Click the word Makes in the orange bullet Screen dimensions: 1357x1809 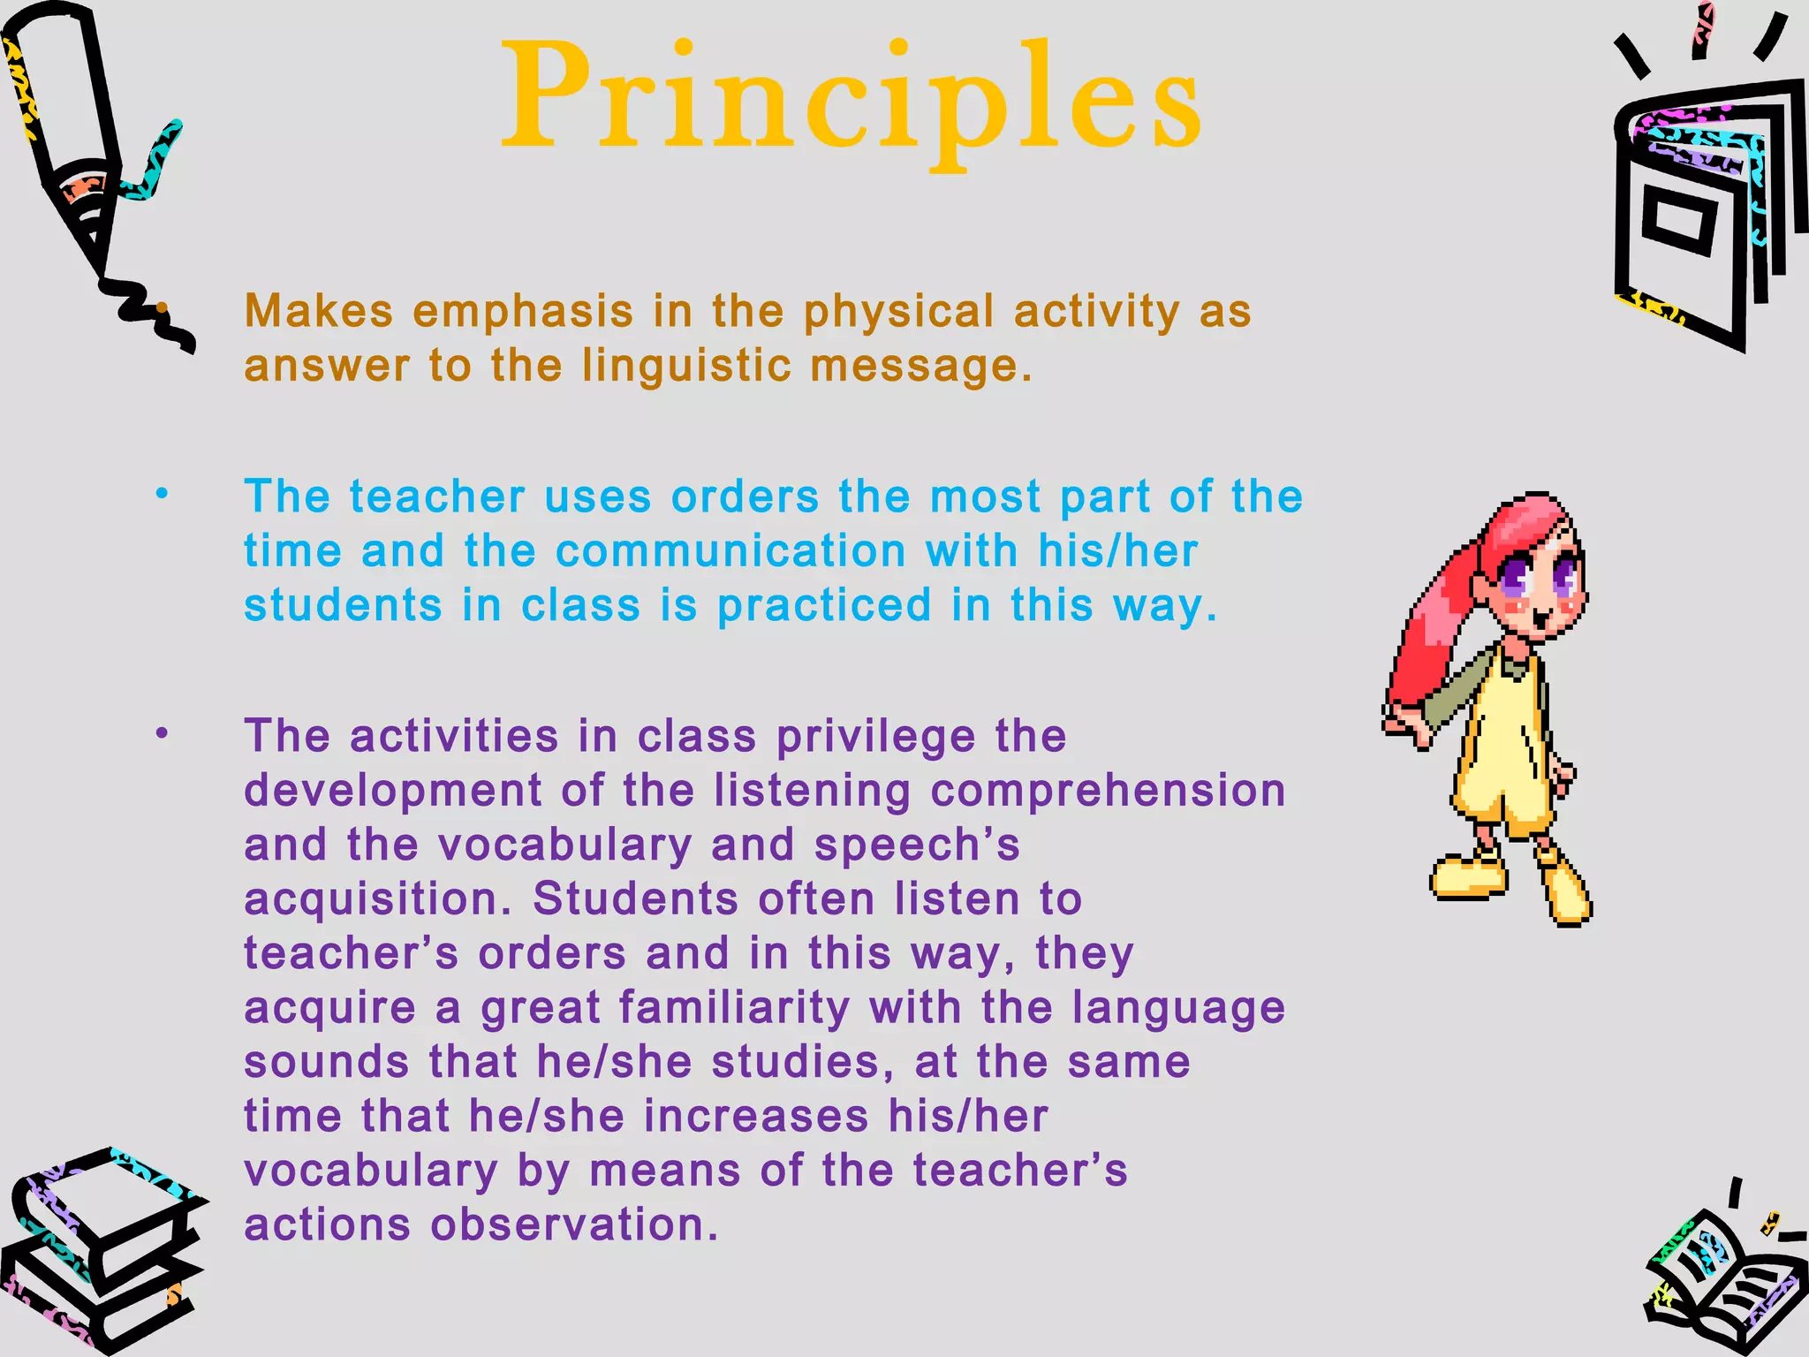click(x=319, y=311)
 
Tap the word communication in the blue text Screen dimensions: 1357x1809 click(x=730, y=551)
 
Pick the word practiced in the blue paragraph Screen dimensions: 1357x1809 click(x=824, y=606)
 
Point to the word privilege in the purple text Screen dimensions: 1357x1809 click(x=875, y=736)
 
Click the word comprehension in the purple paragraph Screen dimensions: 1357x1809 click(x=1108, y=791)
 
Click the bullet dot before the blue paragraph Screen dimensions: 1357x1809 click(x=162, y=495)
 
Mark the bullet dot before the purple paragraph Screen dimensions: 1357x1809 click(x=162, y=733)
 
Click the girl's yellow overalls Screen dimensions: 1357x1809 click(x=1502, y=751)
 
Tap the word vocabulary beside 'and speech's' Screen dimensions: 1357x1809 click(x=564, y=845)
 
